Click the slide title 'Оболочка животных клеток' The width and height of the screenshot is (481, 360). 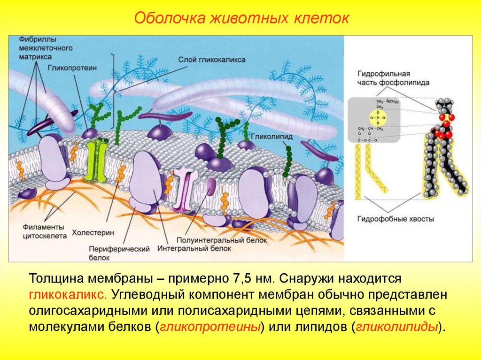[241, 18]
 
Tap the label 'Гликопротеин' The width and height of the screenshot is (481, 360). [71, 68]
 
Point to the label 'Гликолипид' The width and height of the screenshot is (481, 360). [266, 137]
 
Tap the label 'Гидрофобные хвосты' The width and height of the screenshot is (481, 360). [396, 219]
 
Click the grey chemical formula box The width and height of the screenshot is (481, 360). [374, 119]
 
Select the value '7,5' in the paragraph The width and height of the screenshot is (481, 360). [240, 279]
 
